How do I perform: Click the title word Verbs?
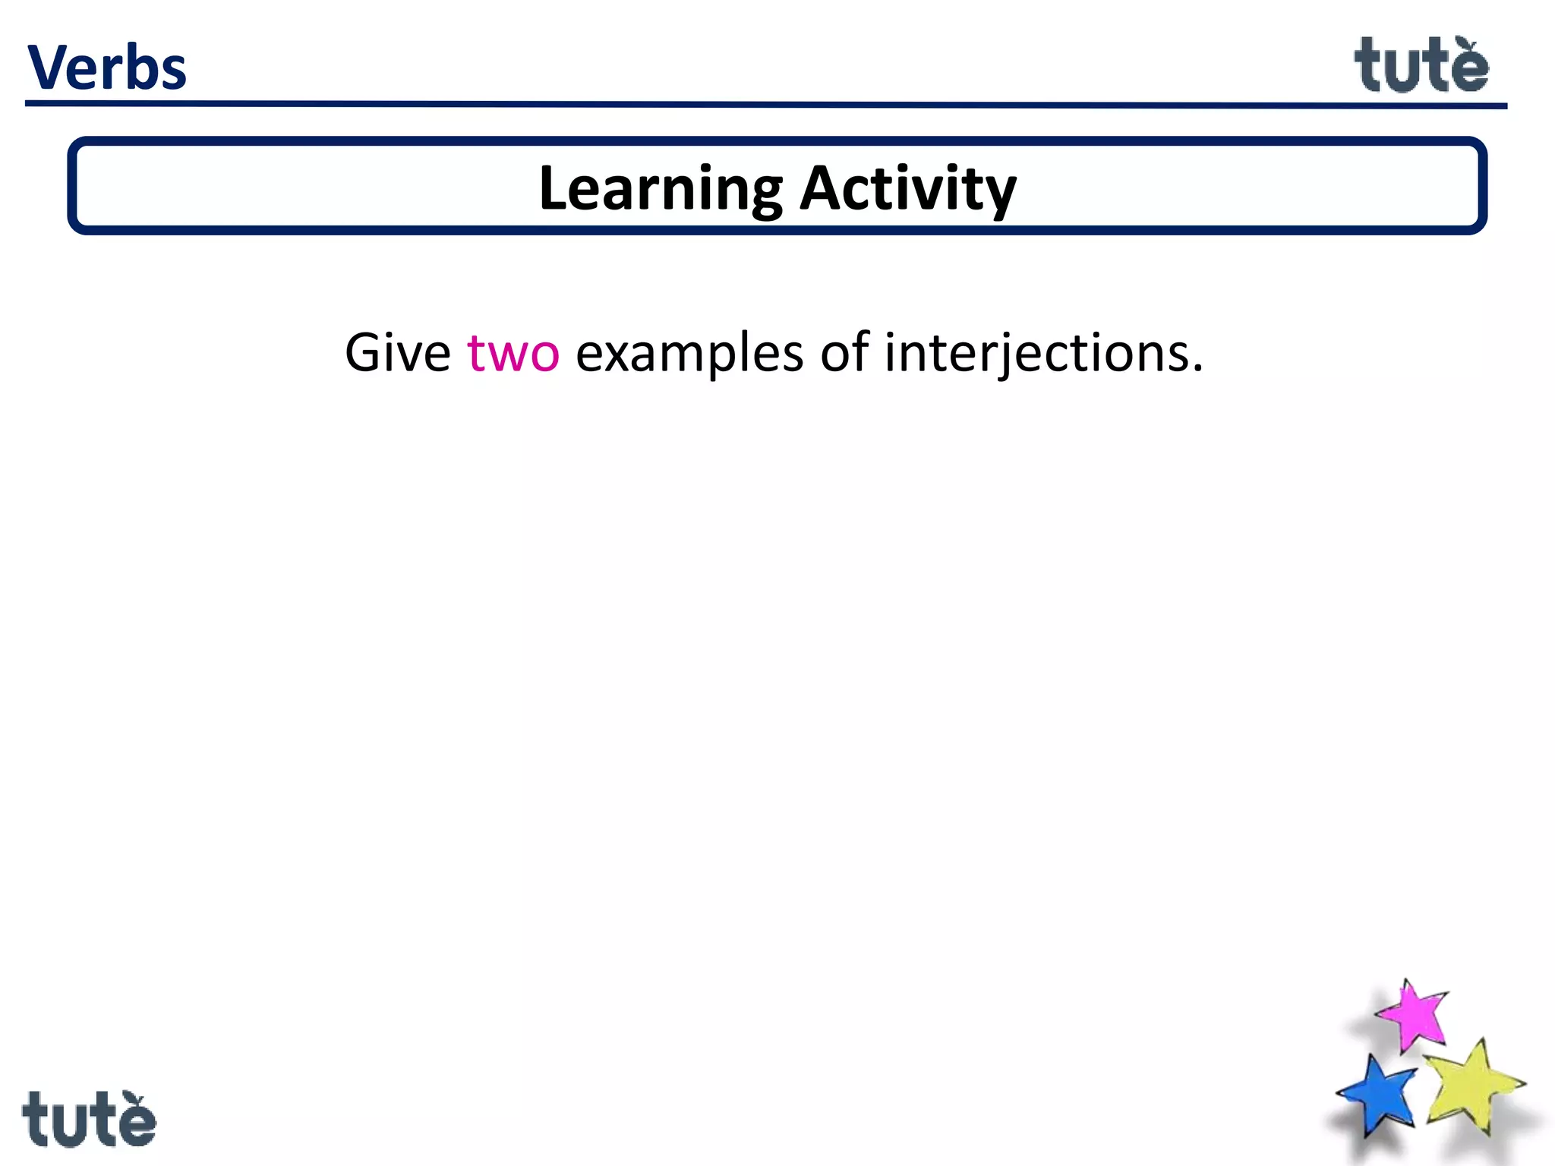(106, 68)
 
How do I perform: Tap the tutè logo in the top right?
(1421, 67)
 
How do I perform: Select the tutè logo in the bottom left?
(89, 1119)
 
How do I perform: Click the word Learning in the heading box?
(660, 189)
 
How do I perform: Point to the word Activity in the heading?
(908, 189)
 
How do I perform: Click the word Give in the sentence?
(397, 354)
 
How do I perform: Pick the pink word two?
(513, 354)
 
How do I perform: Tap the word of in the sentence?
(844, 352)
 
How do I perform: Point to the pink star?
(1412, 1016)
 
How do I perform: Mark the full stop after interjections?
(1197, 370)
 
